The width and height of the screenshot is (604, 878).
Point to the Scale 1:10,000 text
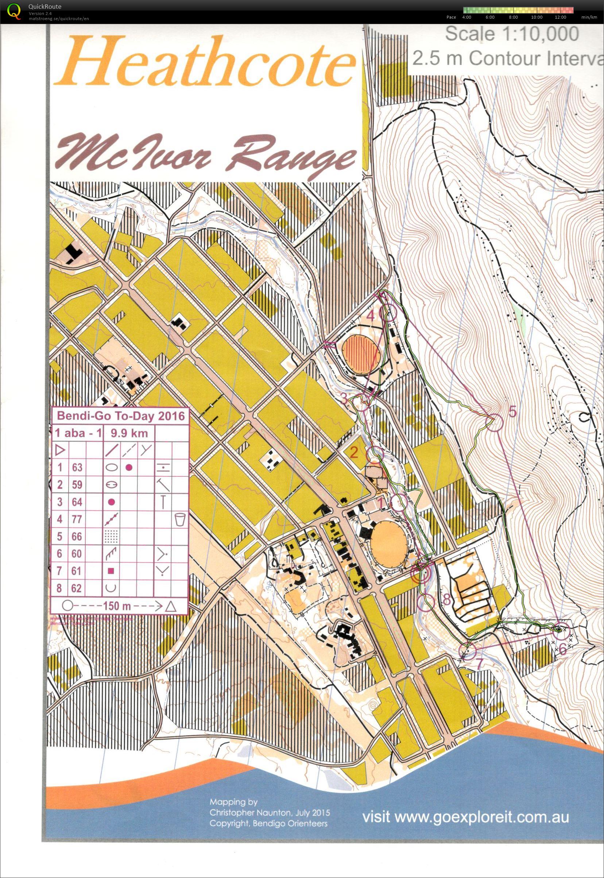tap(512, 34)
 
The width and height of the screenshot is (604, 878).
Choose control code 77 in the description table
tap(77, 519)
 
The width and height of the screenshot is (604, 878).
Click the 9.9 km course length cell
tap(129, 433)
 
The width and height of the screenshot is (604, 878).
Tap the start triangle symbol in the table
tap(60, 450)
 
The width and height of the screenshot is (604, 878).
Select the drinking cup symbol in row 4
tap(180, 519)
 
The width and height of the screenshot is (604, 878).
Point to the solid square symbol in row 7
tap(111, 571)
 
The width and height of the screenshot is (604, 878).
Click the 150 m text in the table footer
tap(117, 606)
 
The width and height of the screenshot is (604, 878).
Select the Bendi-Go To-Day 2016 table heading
tap(120, 416)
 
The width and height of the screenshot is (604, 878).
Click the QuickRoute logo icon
tap(14, 11)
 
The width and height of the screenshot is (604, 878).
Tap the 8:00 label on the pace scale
tap(513, 18)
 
